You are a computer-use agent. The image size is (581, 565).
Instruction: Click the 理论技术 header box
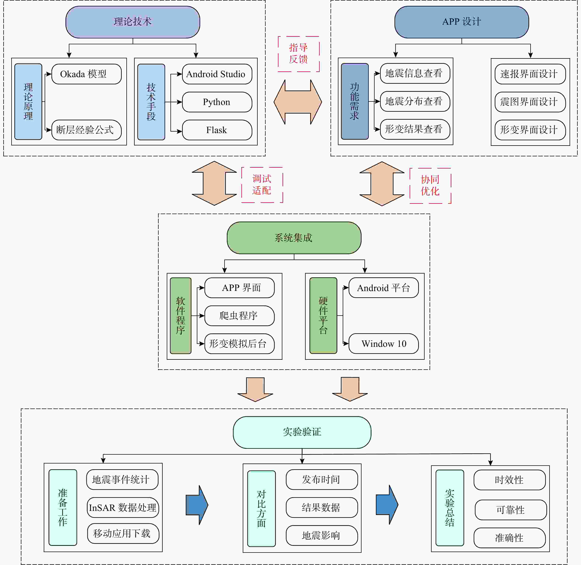(133, 22)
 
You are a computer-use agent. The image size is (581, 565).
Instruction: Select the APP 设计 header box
(461, 22)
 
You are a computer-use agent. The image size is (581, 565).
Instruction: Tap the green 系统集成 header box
(294, 238)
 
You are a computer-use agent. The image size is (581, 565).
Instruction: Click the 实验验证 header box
(302, 432)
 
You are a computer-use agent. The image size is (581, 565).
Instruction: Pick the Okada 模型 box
(86, 74)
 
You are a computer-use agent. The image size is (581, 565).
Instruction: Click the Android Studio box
(217, 74)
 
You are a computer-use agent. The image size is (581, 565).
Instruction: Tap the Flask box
(217, 130)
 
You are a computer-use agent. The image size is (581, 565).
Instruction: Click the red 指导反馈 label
(299, 54)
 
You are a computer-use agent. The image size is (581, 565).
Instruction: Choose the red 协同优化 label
(430, 186)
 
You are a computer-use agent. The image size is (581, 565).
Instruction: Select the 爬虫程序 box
(239, 316)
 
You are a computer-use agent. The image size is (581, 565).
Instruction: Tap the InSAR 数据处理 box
(123, 507)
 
